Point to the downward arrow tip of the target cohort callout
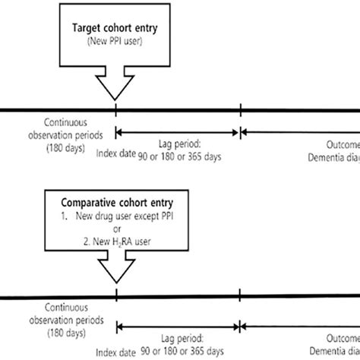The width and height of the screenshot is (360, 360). (115, 99)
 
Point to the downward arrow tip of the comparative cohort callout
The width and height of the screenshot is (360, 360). (115, 283)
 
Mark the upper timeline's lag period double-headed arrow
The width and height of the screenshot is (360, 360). (178, 132)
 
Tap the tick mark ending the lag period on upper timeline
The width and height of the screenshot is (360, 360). (240, 112)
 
